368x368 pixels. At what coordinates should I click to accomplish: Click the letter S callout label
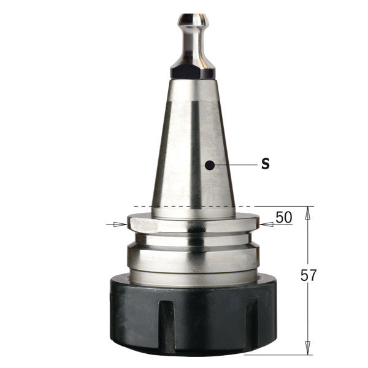click(265, 165)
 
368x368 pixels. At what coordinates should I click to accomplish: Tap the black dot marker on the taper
click(210, 165)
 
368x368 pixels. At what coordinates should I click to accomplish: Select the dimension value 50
click(283, 217)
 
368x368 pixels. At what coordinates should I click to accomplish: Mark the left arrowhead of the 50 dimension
click(122, 224)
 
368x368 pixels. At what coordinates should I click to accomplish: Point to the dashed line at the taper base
click(184, 207)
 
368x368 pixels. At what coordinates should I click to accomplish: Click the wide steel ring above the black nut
click(193, 258)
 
